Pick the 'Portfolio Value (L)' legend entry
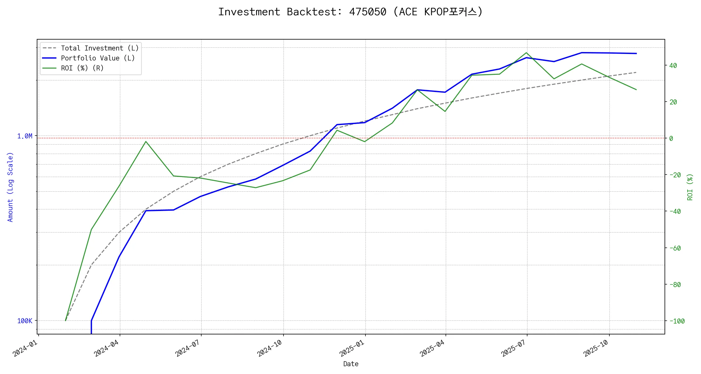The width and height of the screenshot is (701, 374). click(98, 58)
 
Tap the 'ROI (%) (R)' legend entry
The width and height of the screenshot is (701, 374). click(82, 68)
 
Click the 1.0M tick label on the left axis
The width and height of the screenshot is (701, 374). click(25, 136)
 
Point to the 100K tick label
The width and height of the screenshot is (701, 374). click(25, 321)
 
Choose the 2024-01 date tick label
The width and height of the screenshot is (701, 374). click(25, 348)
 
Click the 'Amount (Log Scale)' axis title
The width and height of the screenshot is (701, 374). click(10, 187)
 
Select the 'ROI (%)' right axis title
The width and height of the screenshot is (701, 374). click(690, 187)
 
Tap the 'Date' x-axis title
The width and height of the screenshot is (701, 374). click(351, 364)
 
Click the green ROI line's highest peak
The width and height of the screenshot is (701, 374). click(527, 53)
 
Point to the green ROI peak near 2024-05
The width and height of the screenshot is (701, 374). click(146, 141)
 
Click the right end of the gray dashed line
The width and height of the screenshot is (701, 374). click(636, 72)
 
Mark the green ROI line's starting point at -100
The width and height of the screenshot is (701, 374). click(65, 320)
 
